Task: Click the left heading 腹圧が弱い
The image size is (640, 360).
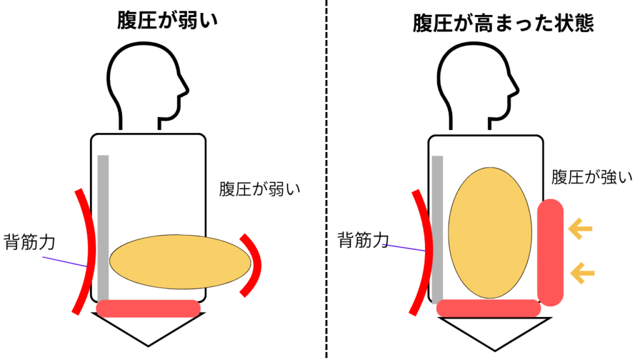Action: [x=167, y=21]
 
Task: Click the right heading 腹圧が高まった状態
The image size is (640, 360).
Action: [x=503, y=23]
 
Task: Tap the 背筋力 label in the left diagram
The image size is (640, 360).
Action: [x=29, y=242]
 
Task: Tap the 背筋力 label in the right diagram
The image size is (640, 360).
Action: [x=363, y=239]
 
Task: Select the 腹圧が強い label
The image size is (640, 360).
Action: [x=592, y=177]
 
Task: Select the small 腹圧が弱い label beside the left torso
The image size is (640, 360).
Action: [x=259, y=189]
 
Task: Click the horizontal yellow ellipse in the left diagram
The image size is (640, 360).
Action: [x=181, y=262]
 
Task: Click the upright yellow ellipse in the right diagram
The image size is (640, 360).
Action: [x=490, y=232]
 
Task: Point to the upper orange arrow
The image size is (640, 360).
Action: [x=580, y=229]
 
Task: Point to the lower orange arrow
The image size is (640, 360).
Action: [x=582, y=273]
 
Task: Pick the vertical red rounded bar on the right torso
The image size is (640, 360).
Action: [x=550, y=252]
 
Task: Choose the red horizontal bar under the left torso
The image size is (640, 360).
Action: [x=148, y=309]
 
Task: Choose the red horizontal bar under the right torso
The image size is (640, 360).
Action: [x=489, y=308]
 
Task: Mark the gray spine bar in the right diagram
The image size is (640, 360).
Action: [x=437, y=229]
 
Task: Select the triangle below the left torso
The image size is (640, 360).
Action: [x=148, y=329]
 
